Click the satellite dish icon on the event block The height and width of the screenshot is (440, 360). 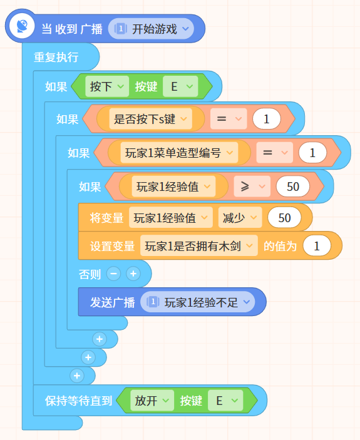coord(22,26)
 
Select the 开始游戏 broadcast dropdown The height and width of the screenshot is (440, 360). coord(151,29)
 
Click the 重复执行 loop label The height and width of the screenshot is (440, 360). coord(56,57)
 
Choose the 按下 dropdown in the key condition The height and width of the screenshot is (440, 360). coord(107,86)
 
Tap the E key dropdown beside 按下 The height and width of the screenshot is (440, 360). coord(180,86)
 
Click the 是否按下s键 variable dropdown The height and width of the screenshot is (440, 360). coord(150,119)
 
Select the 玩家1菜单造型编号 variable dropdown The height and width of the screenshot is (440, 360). coord(179,153)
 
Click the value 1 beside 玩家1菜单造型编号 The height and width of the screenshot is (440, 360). coord(312,153)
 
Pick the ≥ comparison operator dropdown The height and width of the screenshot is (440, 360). coord(252,187)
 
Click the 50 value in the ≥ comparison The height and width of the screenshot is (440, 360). coord(292,187)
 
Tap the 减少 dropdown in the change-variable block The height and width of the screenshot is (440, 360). coord(240,217)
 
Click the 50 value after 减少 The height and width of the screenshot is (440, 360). coord(284,218)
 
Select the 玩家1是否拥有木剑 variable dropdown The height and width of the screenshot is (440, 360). coord(198,246)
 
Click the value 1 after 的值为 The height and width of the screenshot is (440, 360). coord(317,246)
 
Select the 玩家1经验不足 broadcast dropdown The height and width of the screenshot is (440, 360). coord(198,302)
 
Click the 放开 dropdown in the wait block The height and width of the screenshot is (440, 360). coord(152,401)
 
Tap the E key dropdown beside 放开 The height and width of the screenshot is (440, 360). coord(225,401)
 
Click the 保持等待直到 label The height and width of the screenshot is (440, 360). coord(78,401)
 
